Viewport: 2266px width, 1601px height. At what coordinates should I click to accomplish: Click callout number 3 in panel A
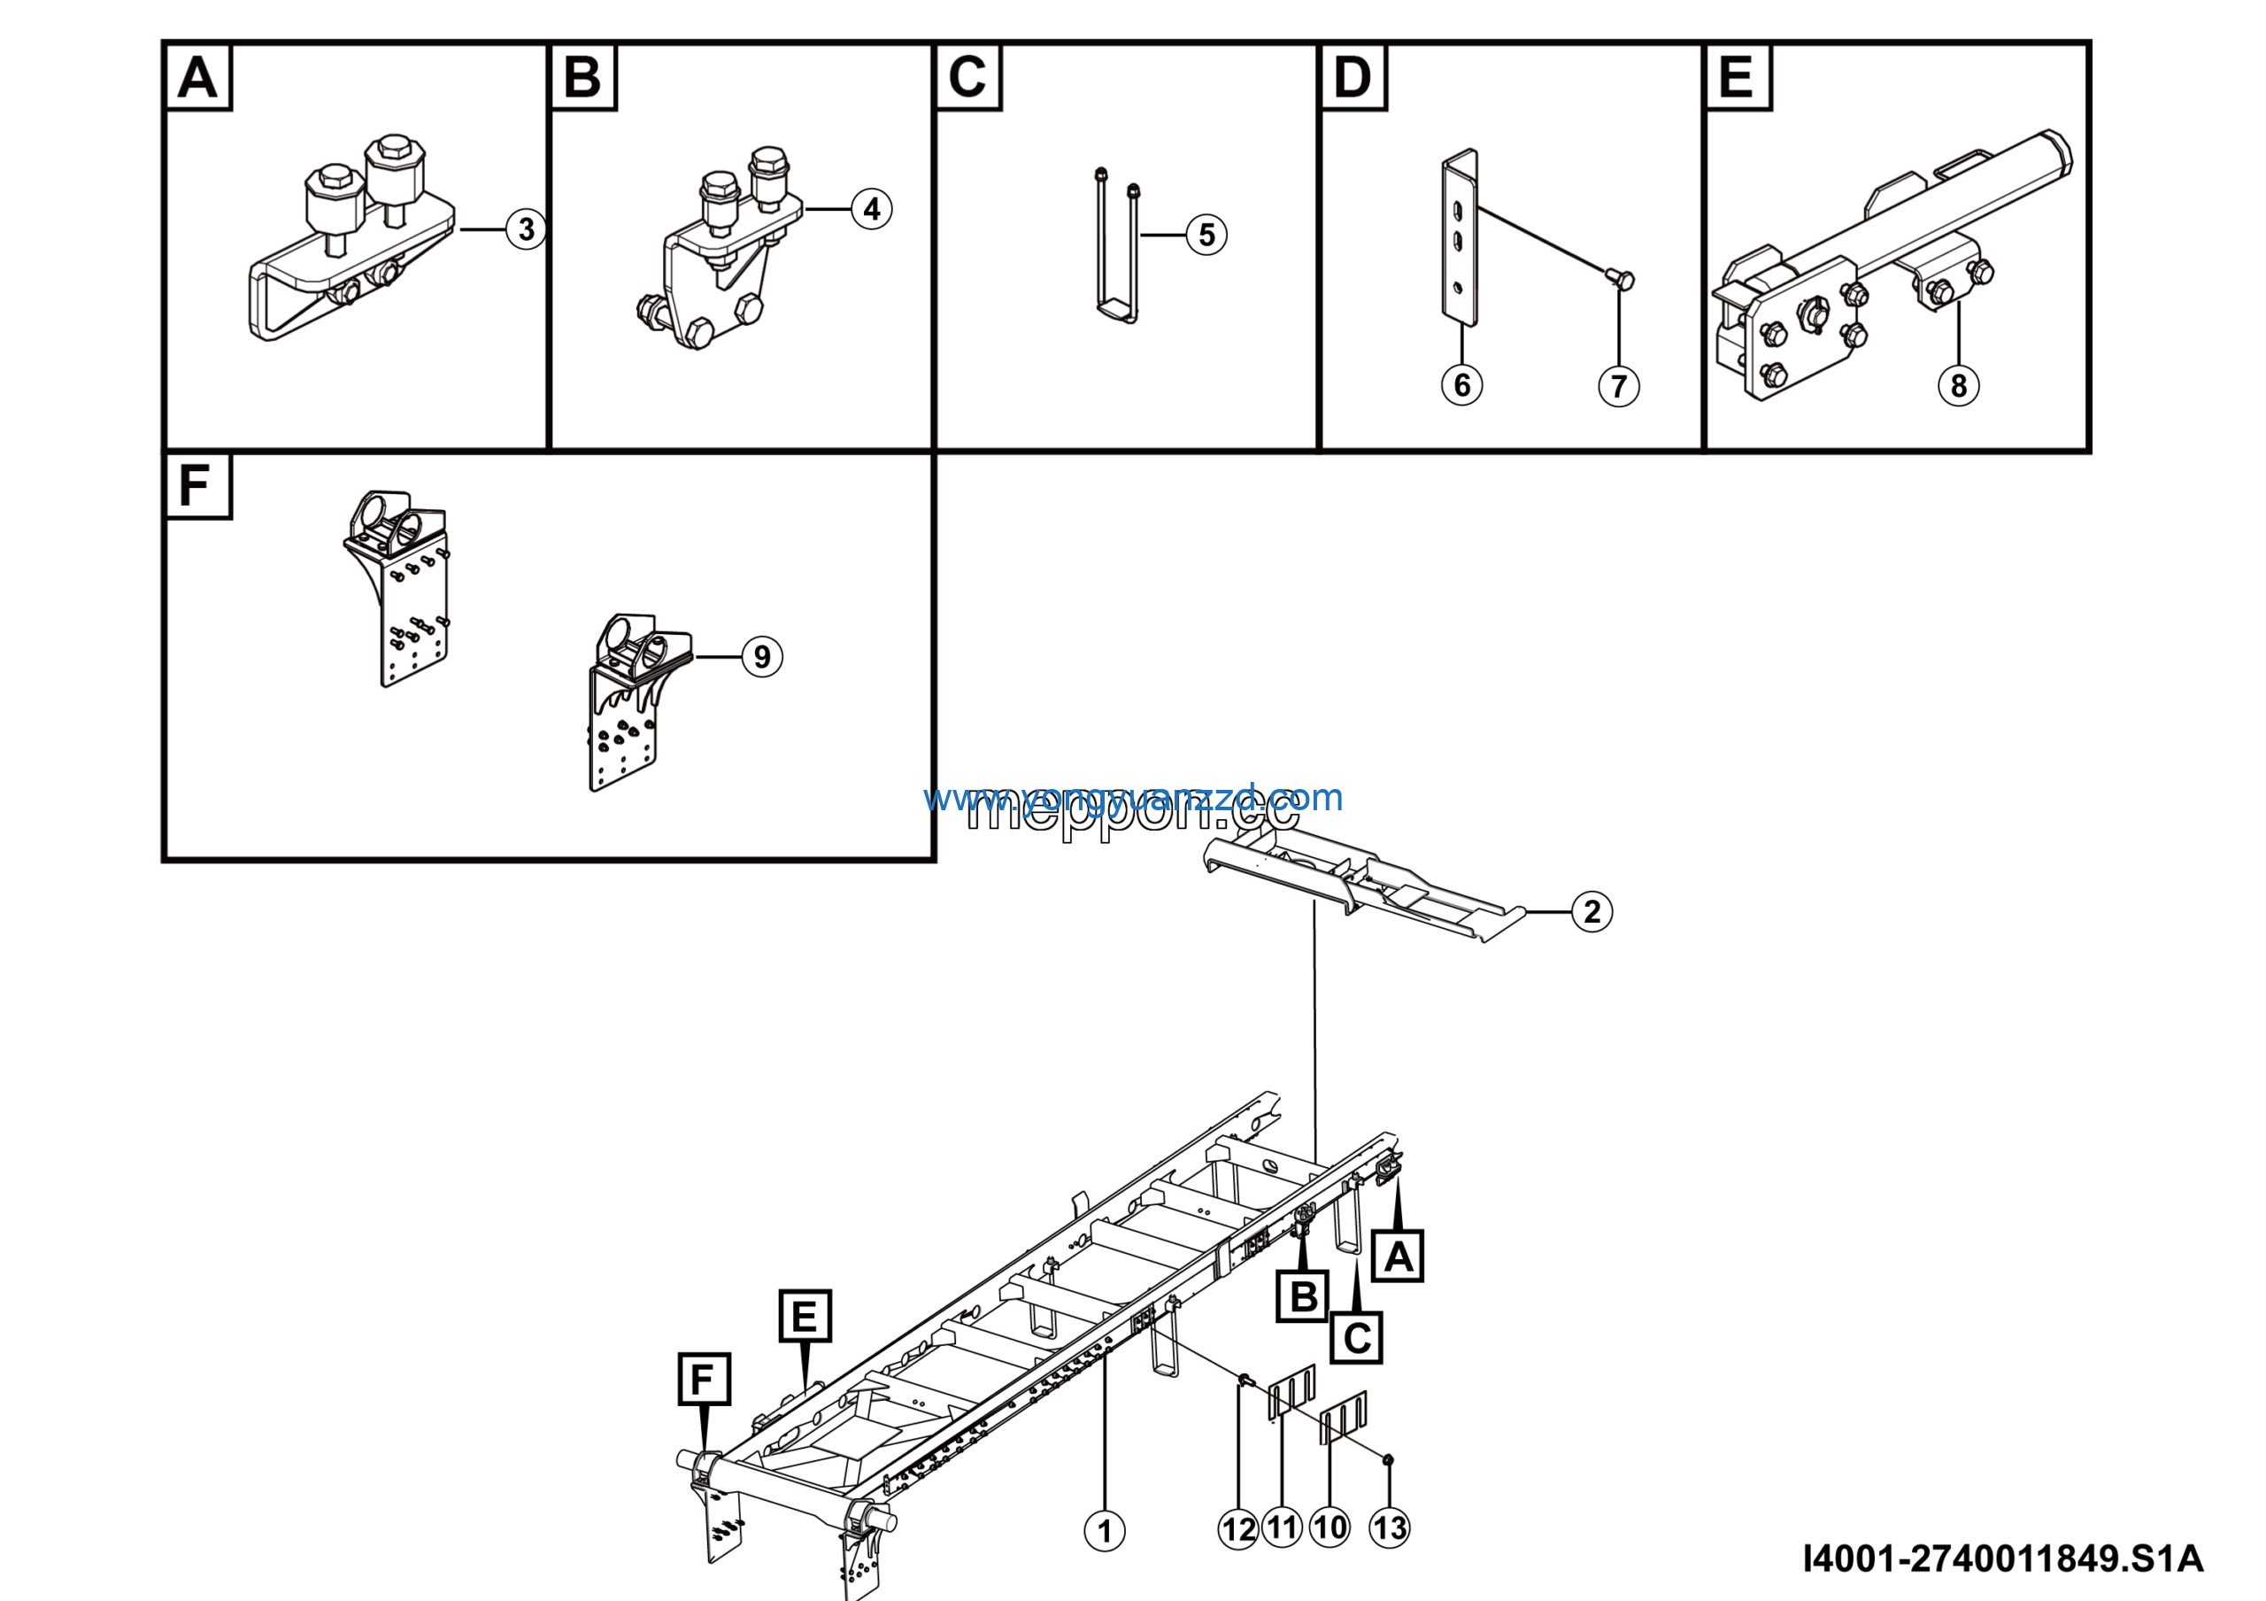(x=526, y=229)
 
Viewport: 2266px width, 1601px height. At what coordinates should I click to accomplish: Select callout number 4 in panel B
(x=872, y=209)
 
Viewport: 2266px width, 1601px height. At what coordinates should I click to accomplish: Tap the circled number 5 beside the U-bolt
(x=1206, y=235)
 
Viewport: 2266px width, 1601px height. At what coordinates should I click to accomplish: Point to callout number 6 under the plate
(x=1461, y=385)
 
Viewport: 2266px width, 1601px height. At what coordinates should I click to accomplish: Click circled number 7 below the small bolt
(x=1619, y=386)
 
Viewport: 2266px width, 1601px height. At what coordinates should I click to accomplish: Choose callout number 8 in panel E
(x=1958, y=386)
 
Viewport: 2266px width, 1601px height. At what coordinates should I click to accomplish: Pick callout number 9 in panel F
(x=762, y=656)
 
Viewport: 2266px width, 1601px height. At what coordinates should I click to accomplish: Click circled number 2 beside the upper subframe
(x=1592, y=912)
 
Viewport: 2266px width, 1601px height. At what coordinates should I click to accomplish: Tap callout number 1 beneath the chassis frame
(x=1105, y=1531)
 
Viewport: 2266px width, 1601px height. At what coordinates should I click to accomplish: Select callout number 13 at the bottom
(x=1390, y=1528)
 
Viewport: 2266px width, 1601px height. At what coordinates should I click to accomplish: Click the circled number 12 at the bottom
(x=1238, y=1530)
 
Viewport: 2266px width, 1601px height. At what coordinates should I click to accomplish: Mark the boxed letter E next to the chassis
(x=805, y=1316)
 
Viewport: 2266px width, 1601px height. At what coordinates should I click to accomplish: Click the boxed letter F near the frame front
(x=704, y=1379)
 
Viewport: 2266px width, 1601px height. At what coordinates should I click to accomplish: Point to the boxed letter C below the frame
(x=1356, y=1338)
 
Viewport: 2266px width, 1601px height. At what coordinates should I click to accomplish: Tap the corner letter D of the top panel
(x=1353, y=77)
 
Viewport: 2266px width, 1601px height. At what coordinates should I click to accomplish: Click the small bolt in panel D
(x=1622, y=281)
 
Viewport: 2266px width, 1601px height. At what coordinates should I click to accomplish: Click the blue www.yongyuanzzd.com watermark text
(x=1132, y=797)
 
